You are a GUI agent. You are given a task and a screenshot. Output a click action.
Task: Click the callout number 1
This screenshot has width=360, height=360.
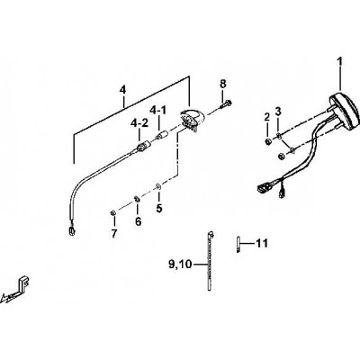(339, 62)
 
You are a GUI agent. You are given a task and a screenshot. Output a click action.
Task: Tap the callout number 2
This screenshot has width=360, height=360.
(267, 117)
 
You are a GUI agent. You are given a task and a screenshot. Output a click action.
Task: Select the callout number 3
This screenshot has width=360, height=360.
(278, 112)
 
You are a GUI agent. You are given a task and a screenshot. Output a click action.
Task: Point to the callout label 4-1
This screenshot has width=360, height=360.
(157, 111)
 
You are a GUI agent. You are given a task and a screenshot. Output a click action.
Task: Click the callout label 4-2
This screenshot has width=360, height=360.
(139, 123)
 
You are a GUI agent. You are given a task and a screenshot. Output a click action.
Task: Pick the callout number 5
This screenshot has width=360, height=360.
(159, 208)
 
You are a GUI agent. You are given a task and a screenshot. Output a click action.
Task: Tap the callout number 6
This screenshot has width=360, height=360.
(138, 221)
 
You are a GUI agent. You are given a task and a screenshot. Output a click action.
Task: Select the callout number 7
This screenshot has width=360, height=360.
(114, 234)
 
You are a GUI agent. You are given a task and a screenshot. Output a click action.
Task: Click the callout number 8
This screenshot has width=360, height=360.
(223, 84)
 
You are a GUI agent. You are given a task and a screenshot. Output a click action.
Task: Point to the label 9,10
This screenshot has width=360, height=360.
(180, 265)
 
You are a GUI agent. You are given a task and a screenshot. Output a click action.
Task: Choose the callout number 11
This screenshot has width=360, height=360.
(261, 243)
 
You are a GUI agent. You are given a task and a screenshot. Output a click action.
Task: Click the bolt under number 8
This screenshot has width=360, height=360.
(226, 104)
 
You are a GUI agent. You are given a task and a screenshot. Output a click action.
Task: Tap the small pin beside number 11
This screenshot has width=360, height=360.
(238, 245)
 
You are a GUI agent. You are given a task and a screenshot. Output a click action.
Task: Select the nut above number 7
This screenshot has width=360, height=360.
(113, 213)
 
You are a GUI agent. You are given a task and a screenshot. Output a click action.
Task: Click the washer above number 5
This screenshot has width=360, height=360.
(158, 186)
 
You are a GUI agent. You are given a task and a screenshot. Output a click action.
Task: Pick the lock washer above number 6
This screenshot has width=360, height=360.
(136, 198)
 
